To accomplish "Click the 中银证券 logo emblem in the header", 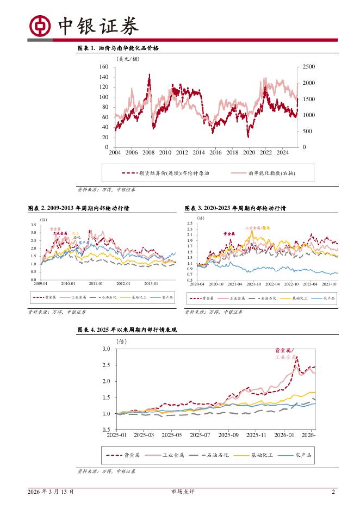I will point(40,26).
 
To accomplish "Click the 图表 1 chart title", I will point(118,48).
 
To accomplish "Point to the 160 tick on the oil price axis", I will point(104,66).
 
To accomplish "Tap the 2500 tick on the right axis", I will point(308,66).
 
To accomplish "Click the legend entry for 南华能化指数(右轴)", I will point(272,173).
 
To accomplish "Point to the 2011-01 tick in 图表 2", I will point(96,283).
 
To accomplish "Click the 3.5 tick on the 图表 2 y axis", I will point(34,225).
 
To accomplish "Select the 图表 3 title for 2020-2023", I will point(235,208).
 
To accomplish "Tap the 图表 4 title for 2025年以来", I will point(127,330).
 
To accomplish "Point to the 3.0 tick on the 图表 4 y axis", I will point(105,349).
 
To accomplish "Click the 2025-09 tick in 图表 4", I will point(228,435).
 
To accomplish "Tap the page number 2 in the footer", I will point(333,492).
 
